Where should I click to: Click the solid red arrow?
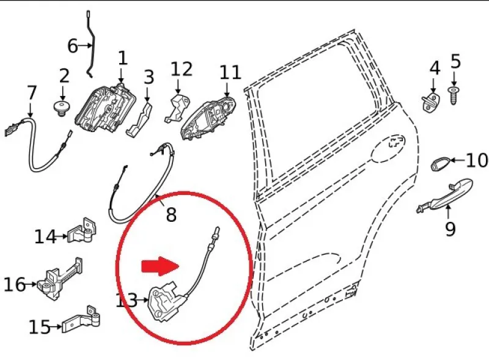160,266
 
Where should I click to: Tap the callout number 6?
72,46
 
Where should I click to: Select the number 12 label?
182,69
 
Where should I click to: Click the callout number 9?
450,229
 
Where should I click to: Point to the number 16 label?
14,285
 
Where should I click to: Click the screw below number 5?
454,96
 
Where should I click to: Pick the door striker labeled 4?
432,101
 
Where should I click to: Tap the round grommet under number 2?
62,108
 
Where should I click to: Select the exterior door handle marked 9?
445,195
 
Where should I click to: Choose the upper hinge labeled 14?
82,231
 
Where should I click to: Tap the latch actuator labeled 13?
167,301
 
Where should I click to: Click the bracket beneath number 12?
177,108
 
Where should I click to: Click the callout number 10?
477,160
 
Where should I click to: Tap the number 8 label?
171,215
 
